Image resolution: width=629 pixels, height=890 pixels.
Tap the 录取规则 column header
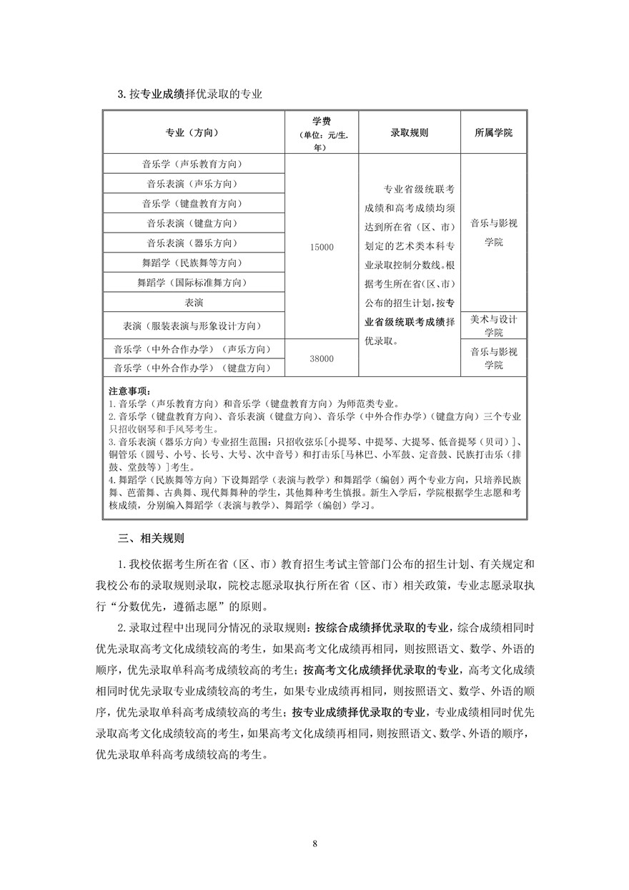[x=409, y=133]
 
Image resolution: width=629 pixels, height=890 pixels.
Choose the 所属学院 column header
[x=493, y=133]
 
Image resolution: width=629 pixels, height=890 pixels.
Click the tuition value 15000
[x=322, y=247]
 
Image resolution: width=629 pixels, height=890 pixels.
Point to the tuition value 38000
[x=322, y=358]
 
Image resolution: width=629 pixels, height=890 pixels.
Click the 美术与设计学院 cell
[x=493, y=326]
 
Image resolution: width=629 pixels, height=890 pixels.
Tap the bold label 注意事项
[x=129, y=391]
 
